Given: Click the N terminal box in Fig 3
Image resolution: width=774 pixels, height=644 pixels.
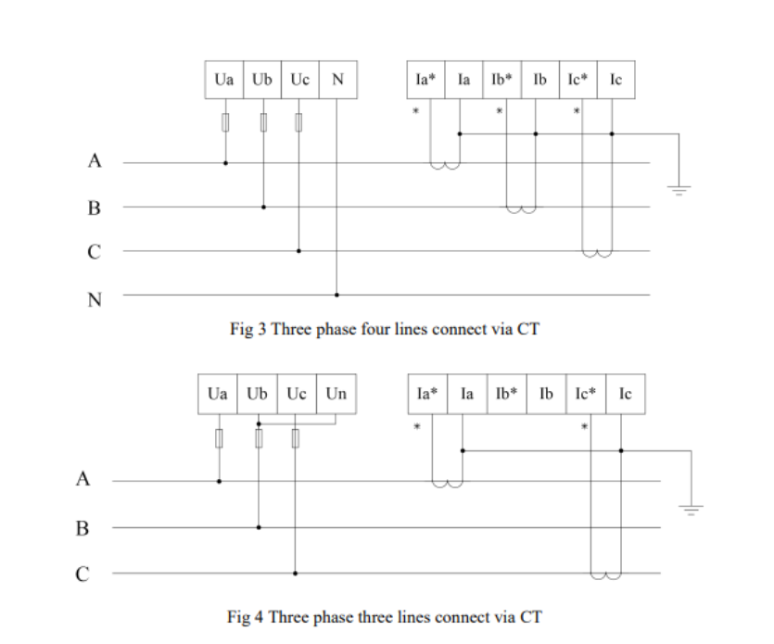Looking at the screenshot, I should click(x=337, y=81).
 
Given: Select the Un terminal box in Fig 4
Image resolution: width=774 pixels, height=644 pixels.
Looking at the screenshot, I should click(x=336, y=394).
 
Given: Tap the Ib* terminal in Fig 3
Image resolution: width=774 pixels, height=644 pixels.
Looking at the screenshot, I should click(x=501, y=81).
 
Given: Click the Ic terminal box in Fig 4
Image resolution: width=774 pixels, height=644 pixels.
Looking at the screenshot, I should click(x=626, y=394).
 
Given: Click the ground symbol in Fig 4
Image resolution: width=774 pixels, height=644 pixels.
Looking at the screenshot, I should click(x=692, y=507).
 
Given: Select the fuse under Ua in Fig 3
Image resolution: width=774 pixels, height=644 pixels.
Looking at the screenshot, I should click(x=225, y=121).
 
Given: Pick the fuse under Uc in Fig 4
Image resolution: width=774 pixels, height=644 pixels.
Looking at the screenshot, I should click(x=296, y=437).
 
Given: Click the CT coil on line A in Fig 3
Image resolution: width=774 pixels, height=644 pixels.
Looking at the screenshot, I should click(x=444, y=166).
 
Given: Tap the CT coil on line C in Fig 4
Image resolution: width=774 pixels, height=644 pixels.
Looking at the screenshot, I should click(x=606, y=575).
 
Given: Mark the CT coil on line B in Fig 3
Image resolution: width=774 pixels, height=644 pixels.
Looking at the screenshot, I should click(x=521, y=209).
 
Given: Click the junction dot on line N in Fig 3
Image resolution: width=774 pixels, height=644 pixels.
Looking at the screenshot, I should click(x=336, y=295).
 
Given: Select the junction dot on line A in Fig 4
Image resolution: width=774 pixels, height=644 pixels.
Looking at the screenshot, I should click(x=220, y=481).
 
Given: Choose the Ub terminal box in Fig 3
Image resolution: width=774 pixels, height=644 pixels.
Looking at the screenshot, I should click(x=262, y=81).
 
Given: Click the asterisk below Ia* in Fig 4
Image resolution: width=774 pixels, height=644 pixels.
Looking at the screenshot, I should click(x=416, y=427).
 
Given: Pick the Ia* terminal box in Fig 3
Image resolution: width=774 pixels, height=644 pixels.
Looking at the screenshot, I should click(x=426, y=81).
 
